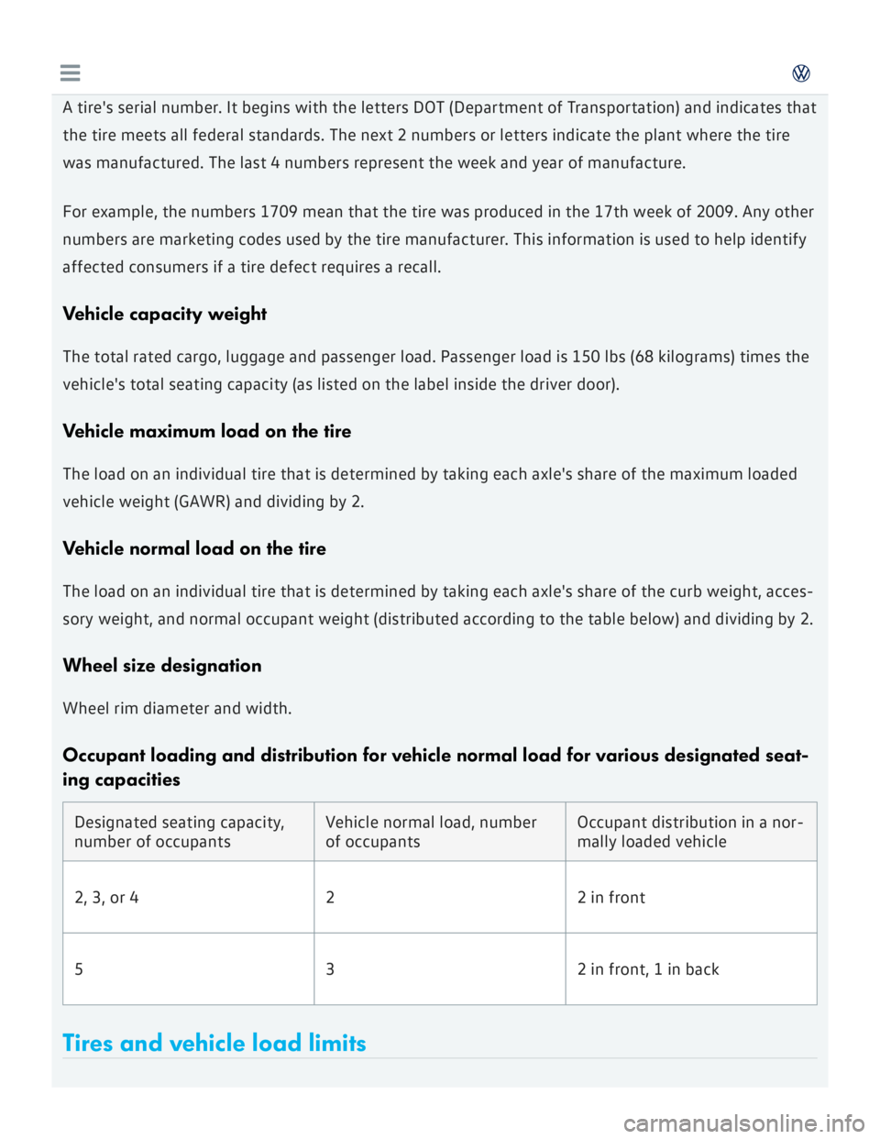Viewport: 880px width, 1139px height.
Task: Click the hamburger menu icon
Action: [x=70, y=73]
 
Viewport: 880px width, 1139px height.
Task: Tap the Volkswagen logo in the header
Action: [x=800, y=73]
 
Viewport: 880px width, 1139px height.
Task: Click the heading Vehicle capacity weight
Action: [x=164, y=314]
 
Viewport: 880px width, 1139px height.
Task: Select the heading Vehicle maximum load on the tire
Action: [x=206, y=431]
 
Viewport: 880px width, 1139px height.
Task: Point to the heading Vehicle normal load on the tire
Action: [x=193, y=548]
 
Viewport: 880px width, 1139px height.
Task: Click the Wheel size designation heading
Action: [x=161, y=666]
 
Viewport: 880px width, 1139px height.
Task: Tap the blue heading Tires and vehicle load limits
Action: [x=214, y=1043]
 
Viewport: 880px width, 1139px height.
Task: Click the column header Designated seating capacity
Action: [x=179, y=832]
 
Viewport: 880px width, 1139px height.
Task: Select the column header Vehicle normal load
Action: [x=431, y=832]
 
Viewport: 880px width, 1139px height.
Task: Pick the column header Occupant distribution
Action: [x=689, y=832]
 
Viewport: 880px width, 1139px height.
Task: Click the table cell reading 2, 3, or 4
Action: [x=106, y=898]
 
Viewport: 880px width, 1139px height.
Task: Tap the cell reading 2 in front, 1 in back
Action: [x=647, y=969]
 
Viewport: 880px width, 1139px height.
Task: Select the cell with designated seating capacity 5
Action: [x=79, y=969]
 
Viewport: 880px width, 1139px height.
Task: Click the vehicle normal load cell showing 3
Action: [x=330, y=969]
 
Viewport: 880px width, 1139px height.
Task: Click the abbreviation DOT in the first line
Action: [x=429, y=107]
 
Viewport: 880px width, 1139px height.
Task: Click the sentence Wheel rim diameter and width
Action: [x=177, y=708]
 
